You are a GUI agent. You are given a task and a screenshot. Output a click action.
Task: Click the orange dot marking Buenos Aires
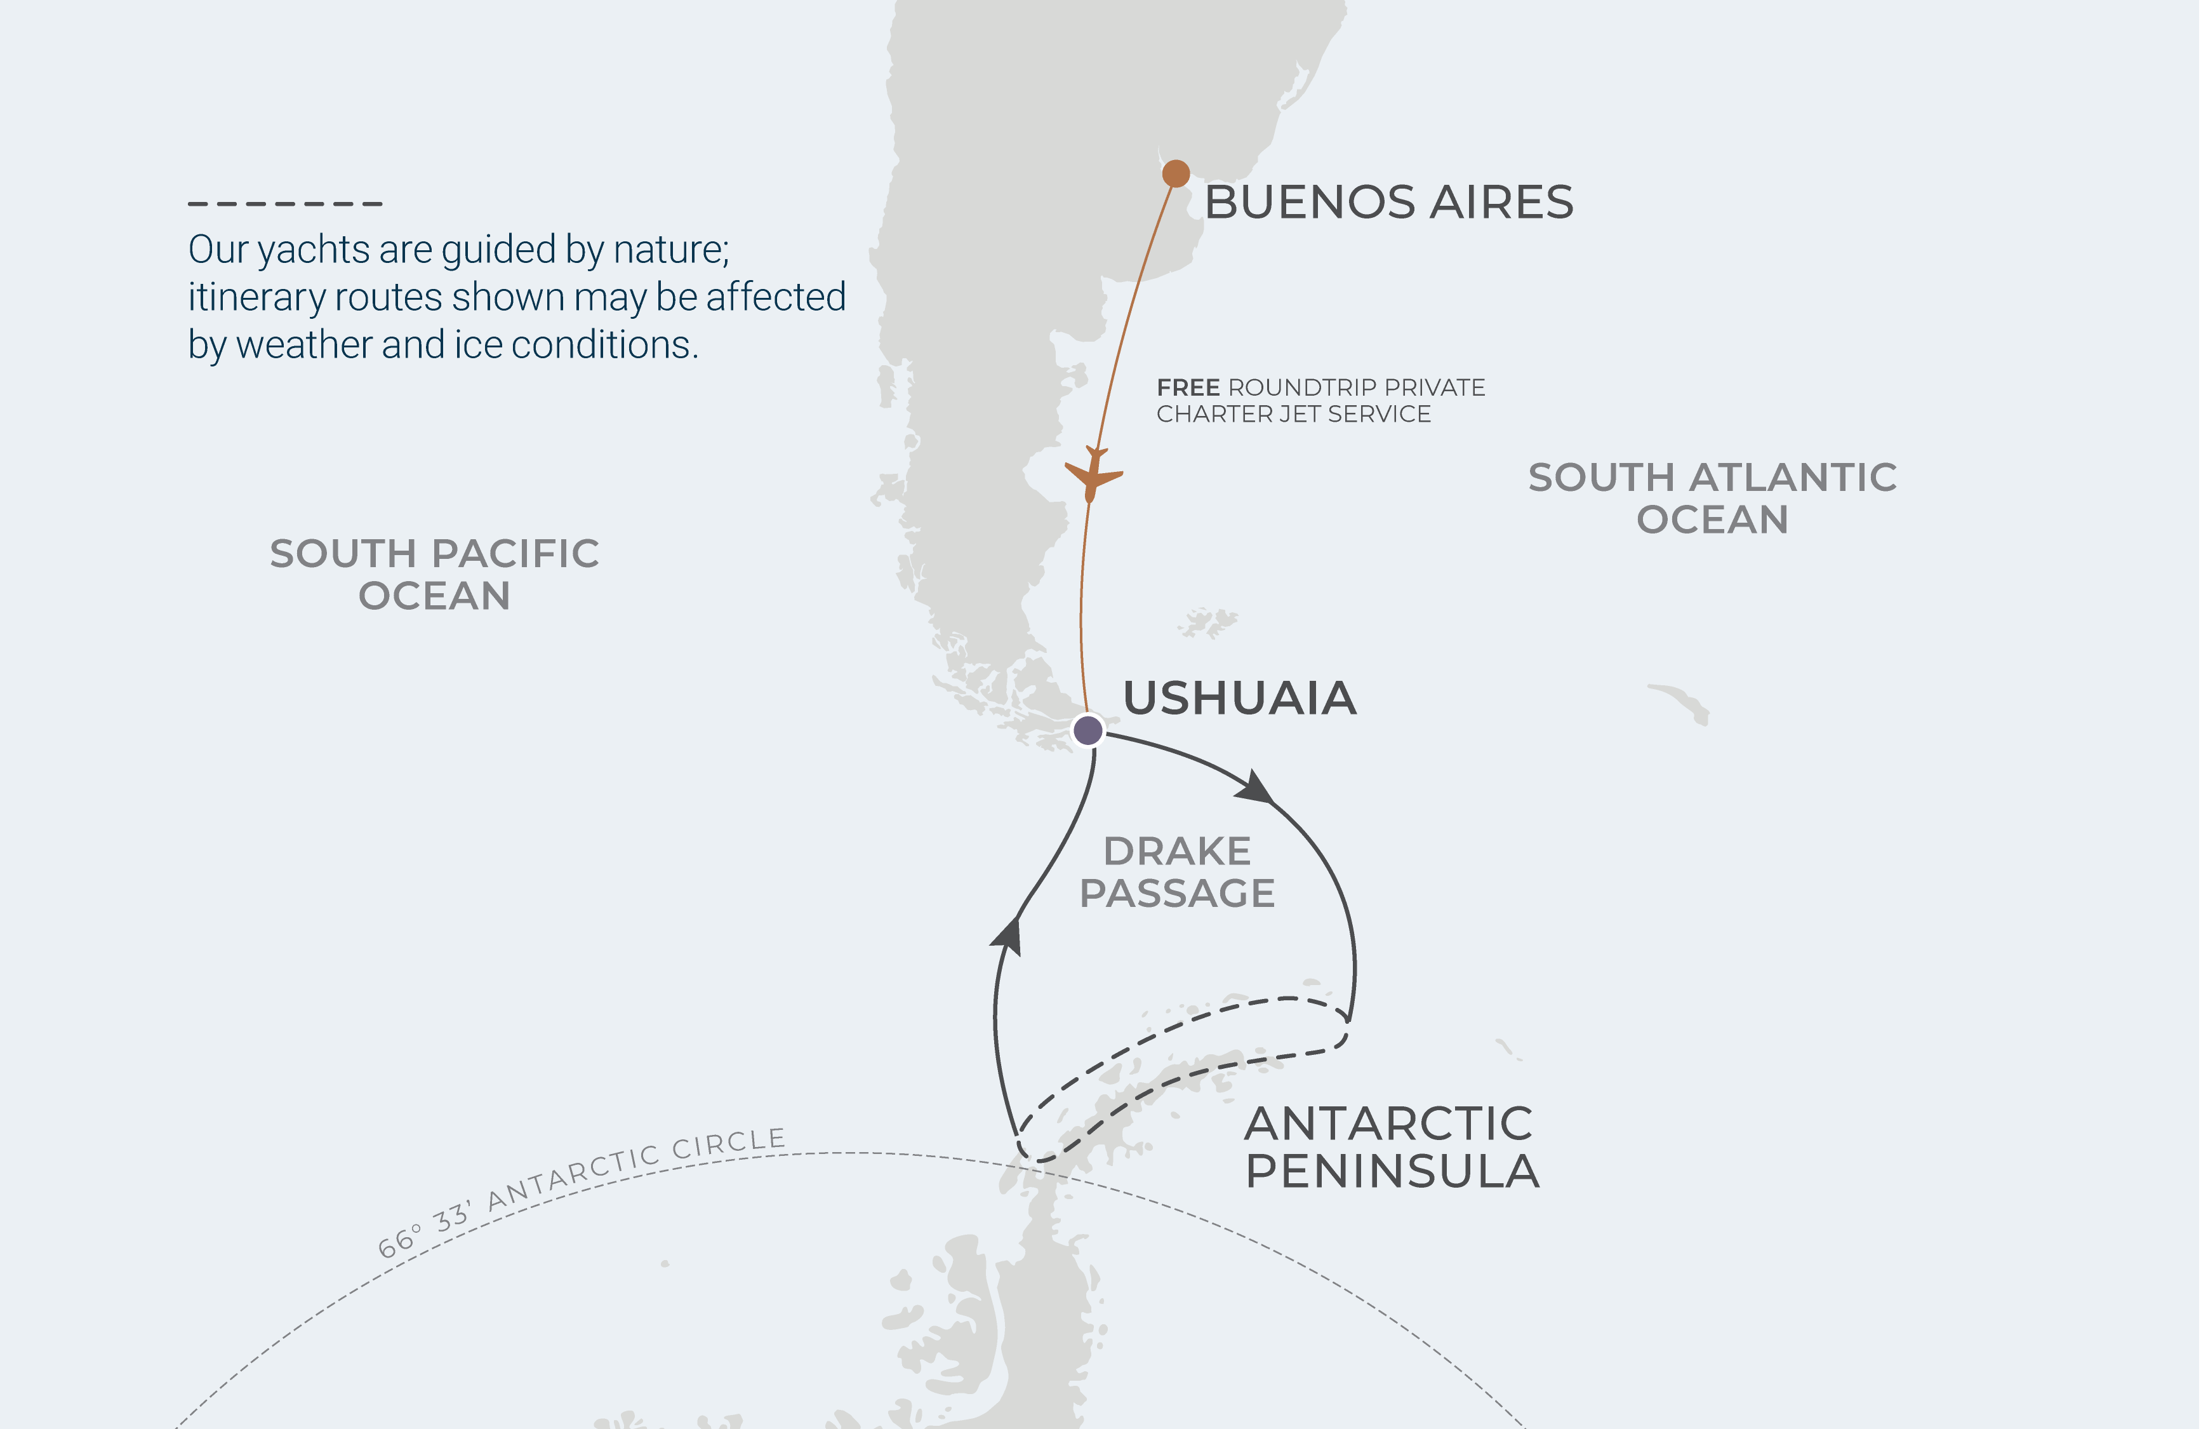click(1175, 173)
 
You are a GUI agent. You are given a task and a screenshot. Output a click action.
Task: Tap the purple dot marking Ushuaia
click(1087, 730)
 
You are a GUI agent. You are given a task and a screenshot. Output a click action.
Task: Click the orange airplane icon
click(1093, 474)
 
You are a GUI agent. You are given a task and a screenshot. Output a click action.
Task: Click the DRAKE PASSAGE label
click(1177, 872)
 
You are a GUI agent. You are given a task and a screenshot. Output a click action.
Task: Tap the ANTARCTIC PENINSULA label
click(1391, 1147)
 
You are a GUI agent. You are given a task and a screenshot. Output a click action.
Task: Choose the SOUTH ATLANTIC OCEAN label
click(1712, 497)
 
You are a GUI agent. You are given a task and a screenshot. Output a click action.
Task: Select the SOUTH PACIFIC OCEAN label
click(435, 574)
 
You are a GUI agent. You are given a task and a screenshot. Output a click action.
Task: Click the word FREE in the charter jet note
click(1188, 387)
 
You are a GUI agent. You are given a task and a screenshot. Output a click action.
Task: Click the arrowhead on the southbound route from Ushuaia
click(1255, 788)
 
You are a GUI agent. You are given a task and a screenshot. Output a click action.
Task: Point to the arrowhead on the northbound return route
click(1008, 934)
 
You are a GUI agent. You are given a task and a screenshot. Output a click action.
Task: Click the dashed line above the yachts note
click(285, 203)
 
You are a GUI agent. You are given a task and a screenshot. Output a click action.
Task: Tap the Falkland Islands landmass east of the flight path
click(1207, 622)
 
